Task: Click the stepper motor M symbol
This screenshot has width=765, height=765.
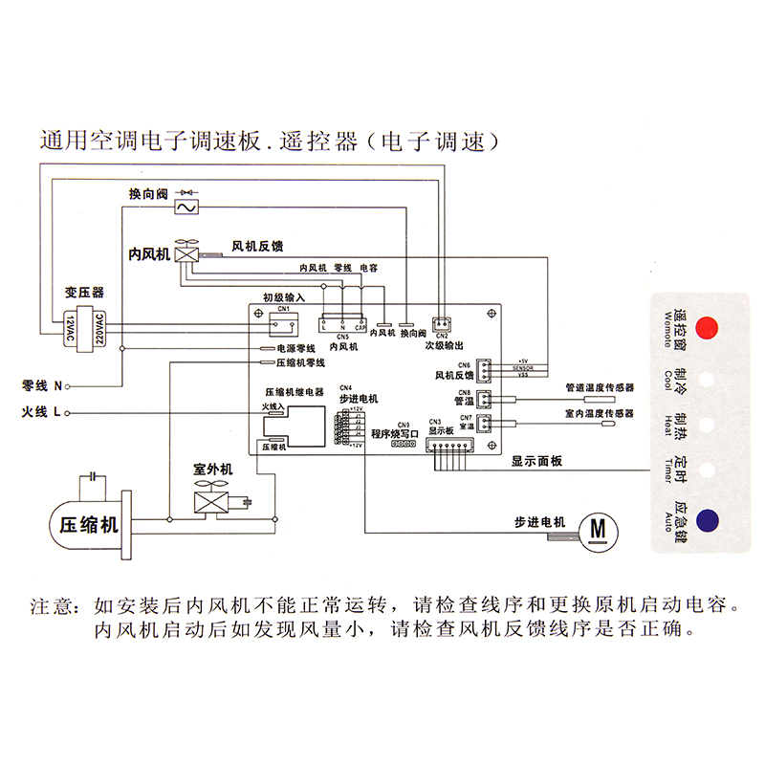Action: [x=599, y=527]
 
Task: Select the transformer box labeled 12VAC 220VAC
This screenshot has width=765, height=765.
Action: [x=82, y=330]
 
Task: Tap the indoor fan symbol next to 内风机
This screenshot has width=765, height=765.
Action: [x=187, y=254]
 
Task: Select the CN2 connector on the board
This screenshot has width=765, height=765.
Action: [x=441, y=323]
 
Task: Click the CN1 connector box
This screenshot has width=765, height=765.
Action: [x=284, y=321]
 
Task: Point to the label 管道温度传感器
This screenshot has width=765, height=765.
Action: [x=600, y=387]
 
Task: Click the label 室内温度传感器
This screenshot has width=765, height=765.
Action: [x=600, y=413]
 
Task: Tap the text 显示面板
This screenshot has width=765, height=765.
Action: [x=536, y=461]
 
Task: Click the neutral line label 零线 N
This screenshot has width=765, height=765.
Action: [x=42, y=386]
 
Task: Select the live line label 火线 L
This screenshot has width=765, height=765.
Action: [x=42, y=413]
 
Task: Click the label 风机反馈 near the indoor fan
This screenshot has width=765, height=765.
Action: [x=257, y=246]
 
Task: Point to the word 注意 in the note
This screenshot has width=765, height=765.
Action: [x=53, y=606]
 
